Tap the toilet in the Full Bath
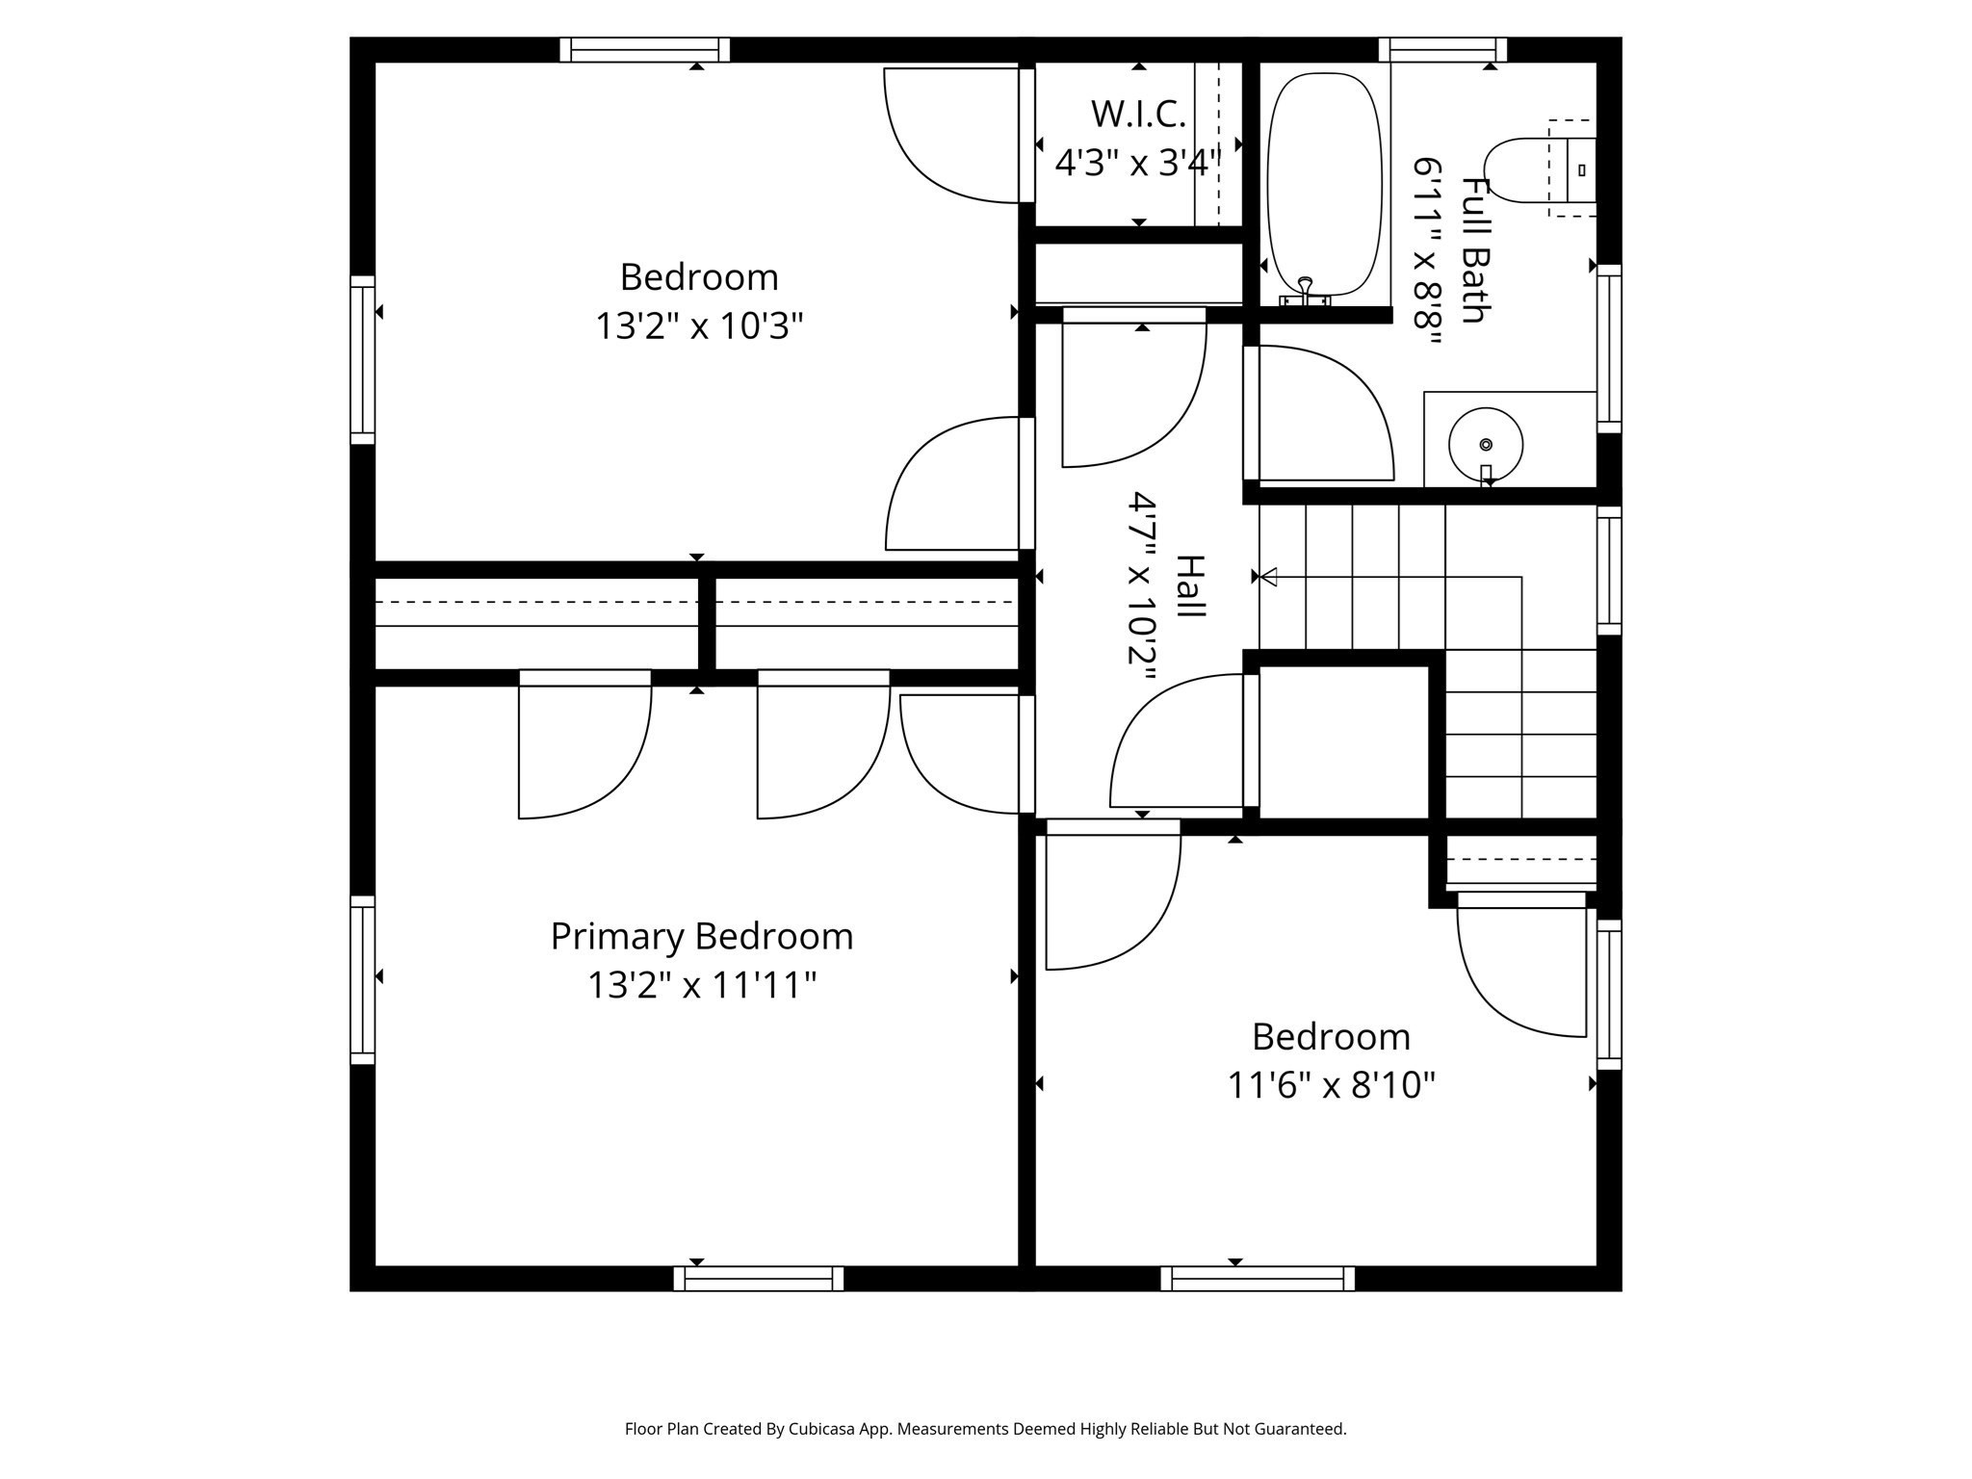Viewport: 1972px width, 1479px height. (1531, 170)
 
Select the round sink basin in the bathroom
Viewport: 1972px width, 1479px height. (1485, 444)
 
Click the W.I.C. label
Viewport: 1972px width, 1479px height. (1138, 115)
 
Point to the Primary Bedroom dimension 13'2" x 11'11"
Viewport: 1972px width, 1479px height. (702, 985)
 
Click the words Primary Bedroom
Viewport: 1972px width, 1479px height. (702, 936)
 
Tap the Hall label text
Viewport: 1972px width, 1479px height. (1190, 587)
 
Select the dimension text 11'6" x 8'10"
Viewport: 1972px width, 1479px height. (1331, 1085)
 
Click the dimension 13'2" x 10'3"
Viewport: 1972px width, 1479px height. (699, 326)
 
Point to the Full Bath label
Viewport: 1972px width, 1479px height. (1474, 250)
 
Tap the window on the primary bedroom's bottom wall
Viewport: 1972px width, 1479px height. (759, 1279)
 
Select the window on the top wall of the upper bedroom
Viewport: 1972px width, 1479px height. (644, 50)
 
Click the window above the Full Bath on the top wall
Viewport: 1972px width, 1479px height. (1441, 50)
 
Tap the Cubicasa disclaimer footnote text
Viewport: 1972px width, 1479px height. (985, 1429)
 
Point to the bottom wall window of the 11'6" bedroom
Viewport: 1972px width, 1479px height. (1258, 1279)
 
